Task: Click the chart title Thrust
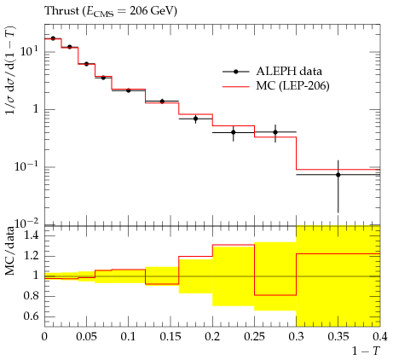[x=61, y=10]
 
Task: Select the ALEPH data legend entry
[x=272, y=72]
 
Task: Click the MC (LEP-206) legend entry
[x=275, y=85]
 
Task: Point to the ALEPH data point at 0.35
[x=338, y=175]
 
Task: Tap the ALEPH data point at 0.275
[x=275, y=132]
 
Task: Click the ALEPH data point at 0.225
[x=234, y=132]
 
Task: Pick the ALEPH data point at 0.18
[x=195, y=119]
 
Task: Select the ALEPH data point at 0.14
[x=162, y=102]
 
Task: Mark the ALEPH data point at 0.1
[x=129, y=90]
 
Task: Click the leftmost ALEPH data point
[x=53, y=38]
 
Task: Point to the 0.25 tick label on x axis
[x=254, y=337]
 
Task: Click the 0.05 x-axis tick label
[x=86, y=337]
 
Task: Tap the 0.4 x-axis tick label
[x=380, y=337]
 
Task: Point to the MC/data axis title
[x=10, y=251]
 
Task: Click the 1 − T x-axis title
[x=366, y=351]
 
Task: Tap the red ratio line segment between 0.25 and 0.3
[x=275, y=295]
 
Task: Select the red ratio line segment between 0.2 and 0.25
[x=234, y=245]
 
